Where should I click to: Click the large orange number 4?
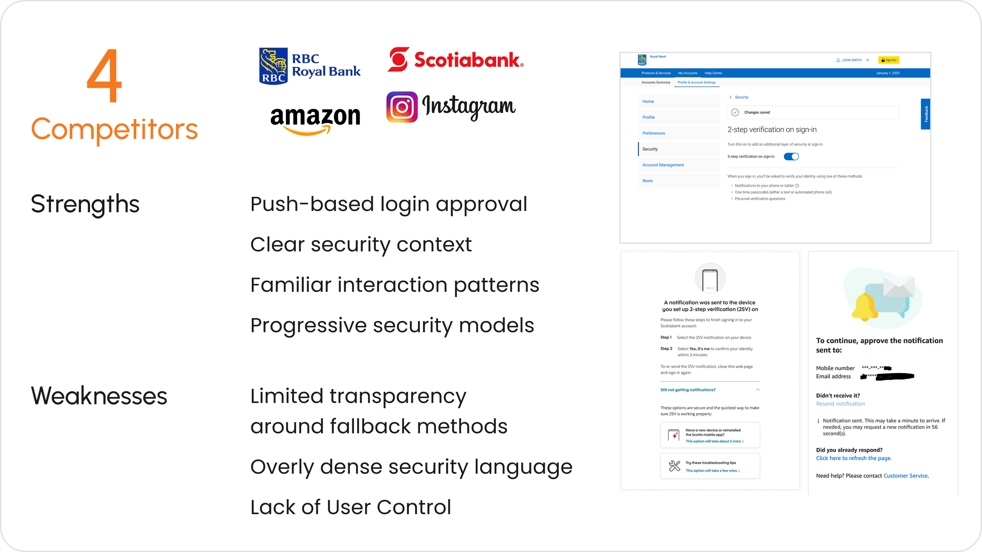pyautogui.click(x=104, y=75)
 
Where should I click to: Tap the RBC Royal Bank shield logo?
pyautogui.click(x=273, y=66)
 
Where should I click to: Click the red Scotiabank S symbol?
pyautogui.click(x=398, y=60)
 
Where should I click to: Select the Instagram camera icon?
pyautogui.click(x=402, y=107)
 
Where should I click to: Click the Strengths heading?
pyautogui.click(x=85, y=204)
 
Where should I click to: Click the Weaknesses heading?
pyautogui.click(x=99, y=396)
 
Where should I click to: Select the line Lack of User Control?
pyautogui.click(x=350, y=507)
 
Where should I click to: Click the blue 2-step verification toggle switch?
pyautogui.click(x=791, y=157)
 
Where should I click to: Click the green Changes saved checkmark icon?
pyautogui.click(x=735, y=112)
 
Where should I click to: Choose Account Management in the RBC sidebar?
pyautogui.click(x=663, y=165)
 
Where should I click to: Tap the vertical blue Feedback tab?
pyautogui.click(x=925, y=114)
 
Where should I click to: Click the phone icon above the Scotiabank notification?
pyautogui.click(x=710, y=280)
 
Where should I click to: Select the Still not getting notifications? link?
pyautogui.click(x=688, y=390)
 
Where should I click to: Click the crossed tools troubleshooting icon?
pyautogui.click(x=674, y=466)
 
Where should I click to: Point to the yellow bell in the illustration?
pyautogui.click(x=864, y=308)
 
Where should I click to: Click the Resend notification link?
pyautogui.click(x=840, y=404)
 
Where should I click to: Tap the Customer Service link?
pyautogui.click(x=905, y=476)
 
